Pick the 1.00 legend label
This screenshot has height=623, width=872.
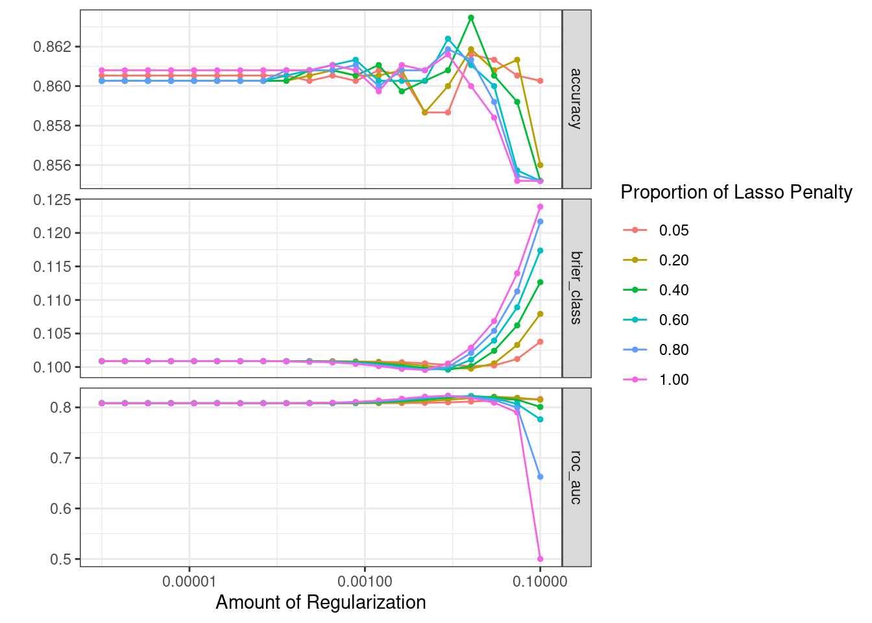(673, 380)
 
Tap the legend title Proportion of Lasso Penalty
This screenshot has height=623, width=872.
(736, 192)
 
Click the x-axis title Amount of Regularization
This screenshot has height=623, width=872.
(321, 602)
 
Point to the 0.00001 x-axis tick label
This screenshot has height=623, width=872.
(189, 581)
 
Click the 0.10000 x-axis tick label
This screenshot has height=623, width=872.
(540, 581)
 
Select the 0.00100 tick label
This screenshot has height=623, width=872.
(365, 581)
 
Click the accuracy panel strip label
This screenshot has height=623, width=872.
(576, 99)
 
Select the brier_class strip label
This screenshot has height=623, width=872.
(576, 287)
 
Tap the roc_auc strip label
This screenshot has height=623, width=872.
(576, 477)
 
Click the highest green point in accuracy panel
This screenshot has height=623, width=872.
(471, 18)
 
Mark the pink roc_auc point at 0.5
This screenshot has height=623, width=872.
(540, 559)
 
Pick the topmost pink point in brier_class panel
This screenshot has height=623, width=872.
(540, 207)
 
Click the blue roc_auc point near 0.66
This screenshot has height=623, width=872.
(540, 477)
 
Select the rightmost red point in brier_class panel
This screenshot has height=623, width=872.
(540, 342)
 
